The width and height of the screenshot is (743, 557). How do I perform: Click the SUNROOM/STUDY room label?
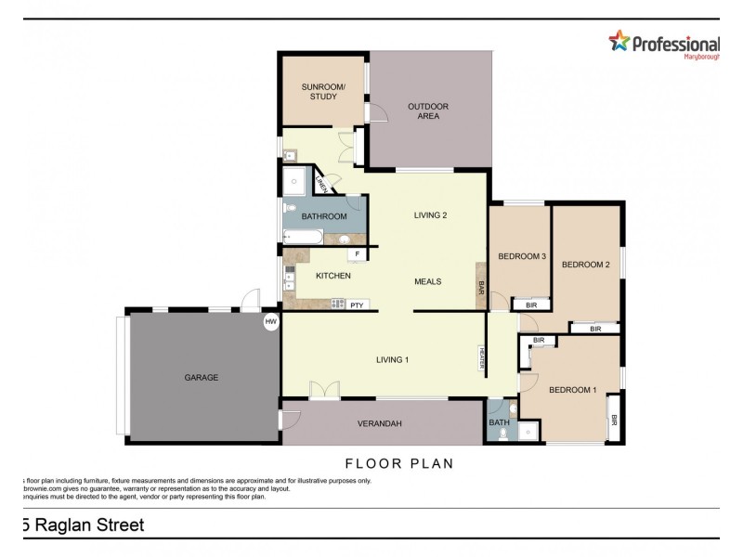click(322, 91)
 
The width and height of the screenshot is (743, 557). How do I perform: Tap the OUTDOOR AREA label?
click(428, 111)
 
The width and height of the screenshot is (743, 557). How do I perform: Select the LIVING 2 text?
click(430, 215)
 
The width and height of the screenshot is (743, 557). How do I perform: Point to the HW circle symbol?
click(271, 322)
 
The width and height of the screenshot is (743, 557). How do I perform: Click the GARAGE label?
click(201, 378)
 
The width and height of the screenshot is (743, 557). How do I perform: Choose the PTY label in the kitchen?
click(356, 304)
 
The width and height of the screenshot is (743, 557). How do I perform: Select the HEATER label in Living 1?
click(482, 357)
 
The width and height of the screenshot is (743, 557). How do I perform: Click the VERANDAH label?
click(379, 424)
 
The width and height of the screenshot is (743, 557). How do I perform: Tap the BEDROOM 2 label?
click(586, 265)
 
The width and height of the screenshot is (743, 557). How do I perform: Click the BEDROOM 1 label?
click(573, 390)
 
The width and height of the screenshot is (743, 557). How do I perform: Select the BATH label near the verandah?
click(500, 422)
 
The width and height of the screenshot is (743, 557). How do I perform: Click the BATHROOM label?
click(324, 216)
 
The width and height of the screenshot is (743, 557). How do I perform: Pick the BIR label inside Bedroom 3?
click(531, 304)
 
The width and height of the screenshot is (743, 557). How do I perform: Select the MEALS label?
click(427, 281)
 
